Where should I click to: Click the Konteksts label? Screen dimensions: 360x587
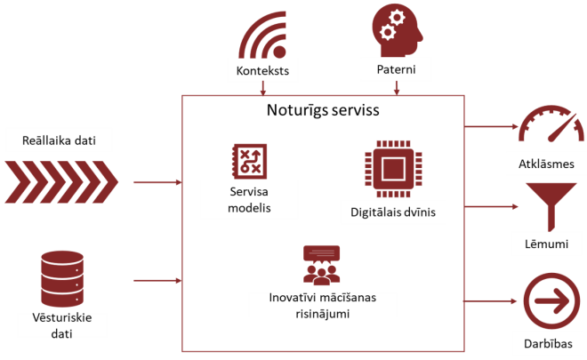pyautogui.click(x=263, y=70)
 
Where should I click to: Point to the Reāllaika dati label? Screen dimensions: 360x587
pyautogui.click(x=60, y=140)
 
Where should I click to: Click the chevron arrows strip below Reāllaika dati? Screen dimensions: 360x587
pyautogui.click(x=60, y=180)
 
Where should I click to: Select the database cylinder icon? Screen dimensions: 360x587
pyautogui.click(x=60, y=277)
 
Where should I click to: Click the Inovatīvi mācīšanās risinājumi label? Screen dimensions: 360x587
pyautogui.click(x=322, y=303)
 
